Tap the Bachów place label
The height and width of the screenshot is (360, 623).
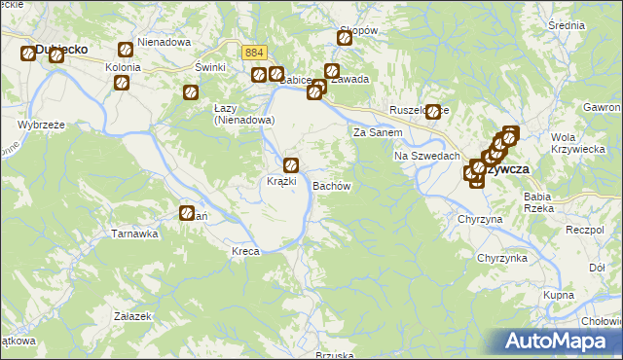[x=331, y=185]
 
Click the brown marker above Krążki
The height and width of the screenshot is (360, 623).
[x=290, y=164]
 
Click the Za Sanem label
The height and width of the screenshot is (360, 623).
[x=378, y=132]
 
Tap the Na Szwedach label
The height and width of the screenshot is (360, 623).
[x=426, y=157]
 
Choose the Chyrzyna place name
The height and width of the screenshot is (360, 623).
[x=480, y=220]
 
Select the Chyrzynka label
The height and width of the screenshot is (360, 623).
[x=501, y=258]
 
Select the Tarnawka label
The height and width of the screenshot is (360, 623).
[x=134, y=234]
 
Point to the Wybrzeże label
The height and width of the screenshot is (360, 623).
[x=41, y=126]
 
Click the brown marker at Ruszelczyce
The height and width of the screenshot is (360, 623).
[x=433, y=112]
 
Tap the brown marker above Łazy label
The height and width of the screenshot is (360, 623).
[x=191, y=93]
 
